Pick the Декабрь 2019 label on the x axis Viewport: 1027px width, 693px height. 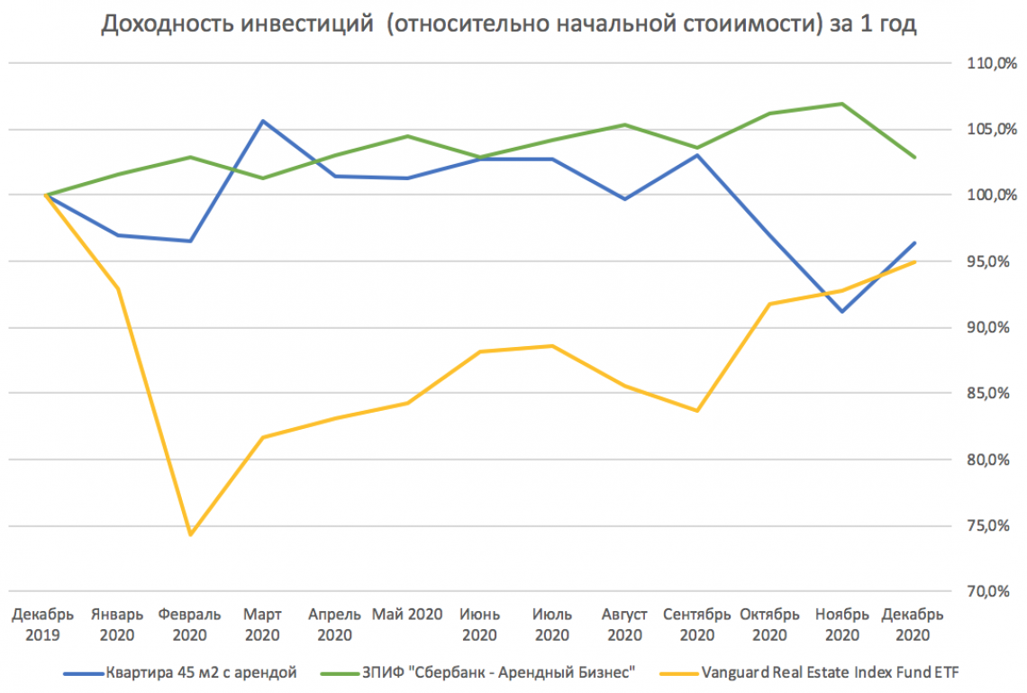[43, 625]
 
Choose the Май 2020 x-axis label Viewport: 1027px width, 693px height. [407, 615]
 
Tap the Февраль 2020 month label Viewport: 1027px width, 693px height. [190, 625]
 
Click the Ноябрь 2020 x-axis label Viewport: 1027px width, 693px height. [841, 625]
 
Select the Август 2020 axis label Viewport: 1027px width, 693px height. [624, 625]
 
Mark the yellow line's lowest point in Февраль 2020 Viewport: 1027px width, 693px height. [190, 534]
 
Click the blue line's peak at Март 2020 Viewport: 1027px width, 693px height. [262, 121]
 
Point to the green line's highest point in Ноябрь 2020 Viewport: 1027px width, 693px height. [841, 104]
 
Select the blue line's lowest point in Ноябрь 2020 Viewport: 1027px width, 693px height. [841, 312]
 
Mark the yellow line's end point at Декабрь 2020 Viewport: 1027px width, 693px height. [914, 262]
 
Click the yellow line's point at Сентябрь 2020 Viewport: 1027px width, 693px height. [696, 411]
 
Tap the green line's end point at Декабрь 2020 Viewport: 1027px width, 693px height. [914, 157]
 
